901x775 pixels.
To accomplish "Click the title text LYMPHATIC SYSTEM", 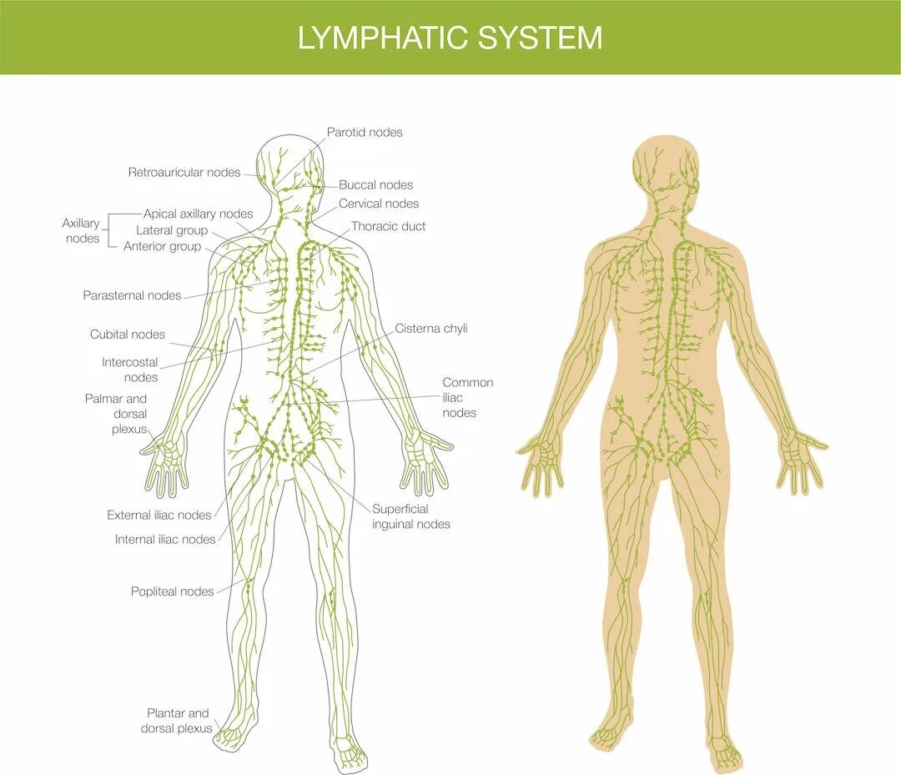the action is [x=450, y=38].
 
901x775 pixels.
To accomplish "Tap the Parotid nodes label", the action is [x=364, y=133].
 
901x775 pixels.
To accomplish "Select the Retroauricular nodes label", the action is [x=184, y=173].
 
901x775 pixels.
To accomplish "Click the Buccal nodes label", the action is [x=375, y=185].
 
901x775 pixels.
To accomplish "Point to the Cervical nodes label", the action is [x=379, y=204].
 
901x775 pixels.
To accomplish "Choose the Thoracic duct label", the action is [x=388, y=226].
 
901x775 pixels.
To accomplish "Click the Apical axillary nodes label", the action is [x=198, y=214].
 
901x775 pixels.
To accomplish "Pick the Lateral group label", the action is [x=172, y=230].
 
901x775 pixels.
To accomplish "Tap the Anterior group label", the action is [x=162, y=246].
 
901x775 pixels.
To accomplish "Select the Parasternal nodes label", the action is [x=132, y=295].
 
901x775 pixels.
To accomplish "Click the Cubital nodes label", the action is [x=128, y=335].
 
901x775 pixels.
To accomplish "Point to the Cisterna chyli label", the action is [x=430, y=329].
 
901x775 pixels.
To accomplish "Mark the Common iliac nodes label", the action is [x=467, y=397].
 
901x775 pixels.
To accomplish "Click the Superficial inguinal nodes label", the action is [x=410, y=516].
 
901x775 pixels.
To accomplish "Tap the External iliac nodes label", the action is [x=159, y=516].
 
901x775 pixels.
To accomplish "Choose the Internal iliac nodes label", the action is [x=165, y=540].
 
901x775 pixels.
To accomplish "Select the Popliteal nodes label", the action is [x=172, y=591].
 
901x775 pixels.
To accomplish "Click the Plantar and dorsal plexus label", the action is [x=177, y=721].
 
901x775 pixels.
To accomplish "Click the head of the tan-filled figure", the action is [x=665, y=163].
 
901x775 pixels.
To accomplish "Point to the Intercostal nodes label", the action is [x=129, y=370].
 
